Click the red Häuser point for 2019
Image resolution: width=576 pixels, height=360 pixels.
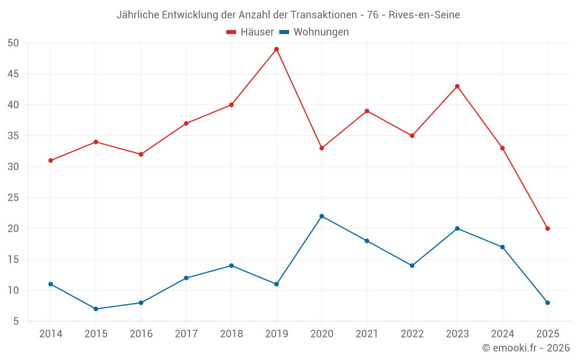point(276,49)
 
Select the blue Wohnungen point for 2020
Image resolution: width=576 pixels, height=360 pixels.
point(321,216)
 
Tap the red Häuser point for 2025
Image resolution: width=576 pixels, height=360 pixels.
point(547,229)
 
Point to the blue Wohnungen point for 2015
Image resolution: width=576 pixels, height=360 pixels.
point(96,309)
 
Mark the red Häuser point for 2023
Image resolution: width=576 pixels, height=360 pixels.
point(457,86)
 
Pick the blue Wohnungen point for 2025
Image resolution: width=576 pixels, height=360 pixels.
point(547,302)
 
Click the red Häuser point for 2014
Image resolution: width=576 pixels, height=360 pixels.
point(51,160)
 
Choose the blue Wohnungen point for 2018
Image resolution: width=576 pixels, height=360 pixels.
point(231,266)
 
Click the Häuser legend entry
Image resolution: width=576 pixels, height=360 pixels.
point(250,32)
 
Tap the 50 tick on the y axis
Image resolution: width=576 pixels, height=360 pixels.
point(13,43)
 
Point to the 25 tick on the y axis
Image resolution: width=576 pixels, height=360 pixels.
point(13,198)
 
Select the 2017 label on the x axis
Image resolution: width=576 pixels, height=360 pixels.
point(186,334)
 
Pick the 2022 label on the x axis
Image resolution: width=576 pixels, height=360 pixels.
point(412,334)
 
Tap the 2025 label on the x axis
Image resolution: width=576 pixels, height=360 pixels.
point(547,334)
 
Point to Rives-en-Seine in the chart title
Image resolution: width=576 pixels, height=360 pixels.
point(424,15)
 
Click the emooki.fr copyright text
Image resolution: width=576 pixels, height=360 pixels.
point(525,348)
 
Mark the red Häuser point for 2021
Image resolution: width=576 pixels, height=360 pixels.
point(367,111)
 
